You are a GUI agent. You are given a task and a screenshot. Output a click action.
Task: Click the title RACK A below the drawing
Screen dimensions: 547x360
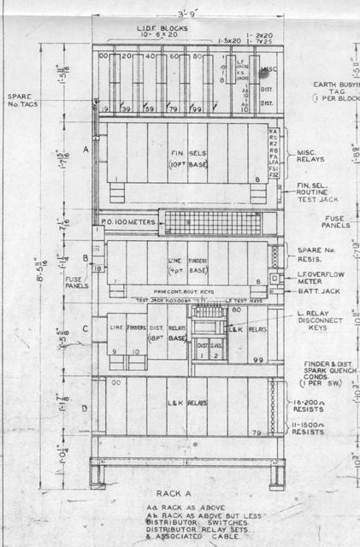pos(180,493)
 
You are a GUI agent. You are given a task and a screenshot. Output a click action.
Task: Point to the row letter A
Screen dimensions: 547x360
pos(86,148)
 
